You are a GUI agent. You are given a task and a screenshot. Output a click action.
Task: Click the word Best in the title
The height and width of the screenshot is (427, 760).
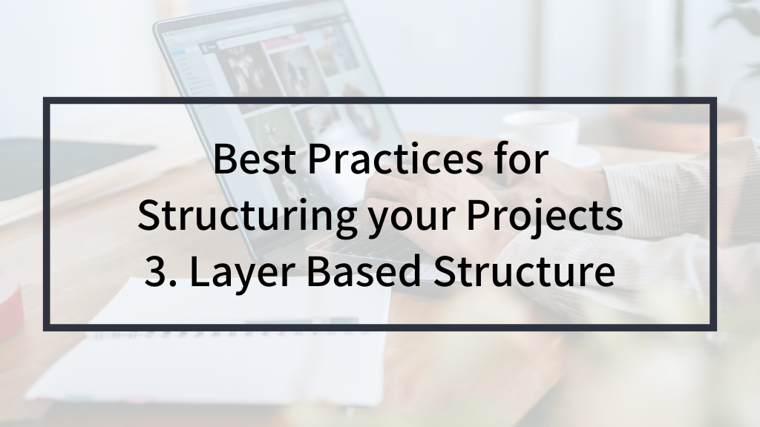(255, 159)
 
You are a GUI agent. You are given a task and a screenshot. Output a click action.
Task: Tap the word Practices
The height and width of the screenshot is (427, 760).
(395, 159)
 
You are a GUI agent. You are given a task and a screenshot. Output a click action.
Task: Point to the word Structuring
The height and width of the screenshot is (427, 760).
(246, 216)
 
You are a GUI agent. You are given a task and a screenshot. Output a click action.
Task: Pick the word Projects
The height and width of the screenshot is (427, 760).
(546, 216)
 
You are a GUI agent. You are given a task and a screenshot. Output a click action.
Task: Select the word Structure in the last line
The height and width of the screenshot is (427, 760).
(524, 271)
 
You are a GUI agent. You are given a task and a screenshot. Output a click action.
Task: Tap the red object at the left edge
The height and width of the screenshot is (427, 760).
(10, 300)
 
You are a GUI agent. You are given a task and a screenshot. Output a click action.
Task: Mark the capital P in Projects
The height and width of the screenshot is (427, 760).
(478, 215)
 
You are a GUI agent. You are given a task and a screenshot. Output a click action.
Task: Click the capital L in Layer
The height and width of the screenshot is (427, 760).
(200, 271)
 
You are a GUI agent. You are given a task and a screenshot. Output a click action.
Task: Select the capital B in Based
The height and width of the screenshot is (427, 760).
(318, 271)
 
